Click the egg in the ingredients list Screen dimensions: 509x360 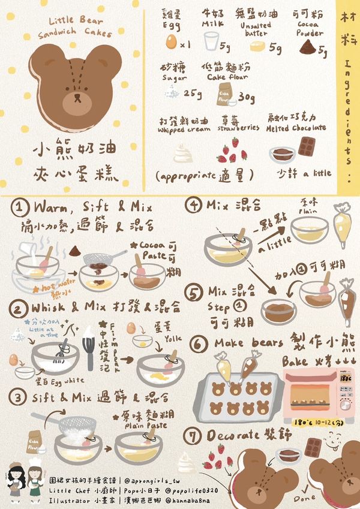coord(172,42)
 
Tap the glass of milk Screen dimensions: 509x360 coord(211,42)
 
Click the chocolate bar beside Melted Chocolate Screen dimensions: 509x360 coord(308,146)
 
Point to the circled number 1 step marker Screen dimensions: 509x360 coord(20,208)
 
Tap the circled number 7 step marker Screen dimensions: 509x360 coord(194,435)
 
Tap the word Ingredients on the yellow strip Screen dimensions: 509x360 coord(349,113)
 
